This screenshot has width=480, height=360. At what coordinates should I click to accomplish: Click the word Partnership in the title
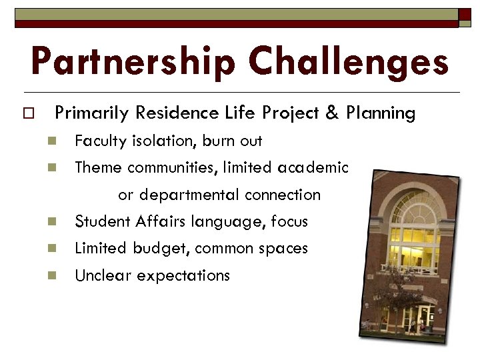[134, 61]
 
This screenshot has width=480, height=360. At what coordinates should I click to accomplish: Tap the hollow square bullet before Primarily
[27, 114]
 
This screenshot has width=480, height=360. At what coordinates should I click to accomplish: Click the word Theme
[98, 168]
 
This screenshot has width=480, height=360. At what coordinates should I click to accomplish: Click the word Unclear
[101, 275]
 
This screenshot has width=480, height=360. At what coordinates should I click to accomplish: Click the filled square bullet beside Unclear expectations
[49, 275]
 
